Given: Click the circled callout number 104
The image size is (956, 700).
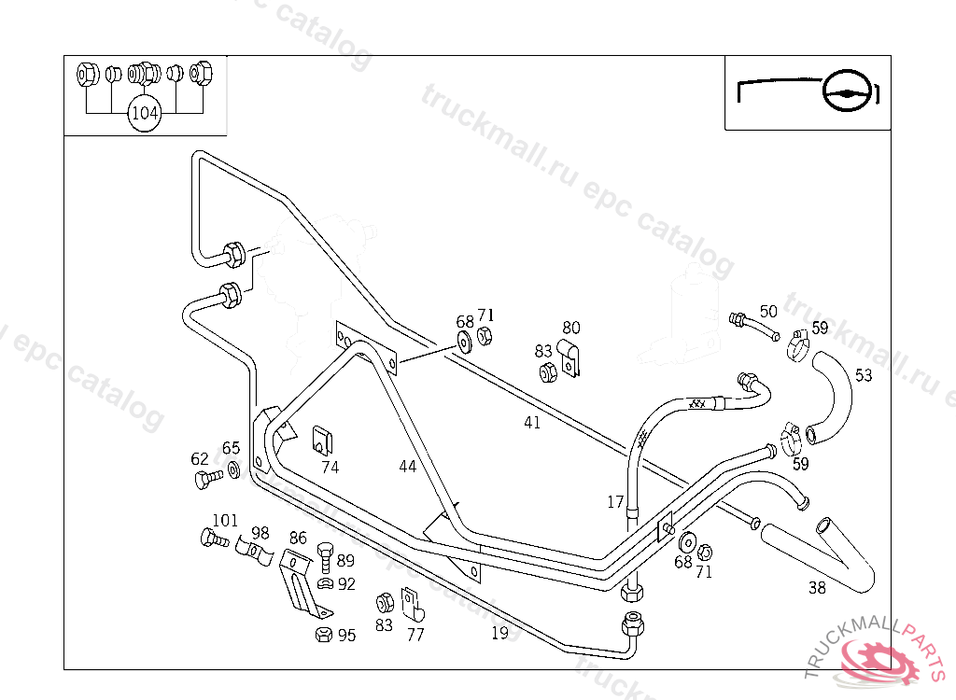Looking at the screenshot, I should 145,114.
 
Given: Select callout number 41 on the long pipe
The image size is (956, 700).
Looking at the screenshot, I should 532,423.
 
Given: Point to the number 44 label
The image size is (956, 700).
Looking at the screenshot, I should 407,466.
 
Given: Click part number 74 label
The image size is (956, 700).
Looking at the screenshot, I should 330,468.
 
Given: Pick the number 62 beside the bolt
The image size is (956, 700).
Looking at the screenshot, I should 200,458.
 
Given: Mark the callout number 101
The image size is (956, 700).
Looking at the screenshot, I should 225,520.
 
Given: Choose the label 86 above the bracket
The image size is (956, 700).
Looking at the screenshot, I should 298,538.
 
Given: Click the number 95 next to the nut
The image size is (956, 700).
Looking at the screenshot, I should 346,636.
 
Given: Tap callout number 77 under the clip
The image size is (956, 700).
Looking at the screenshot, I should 415,635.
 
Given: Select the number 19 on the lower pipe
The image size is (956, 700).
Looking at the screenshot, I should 499,633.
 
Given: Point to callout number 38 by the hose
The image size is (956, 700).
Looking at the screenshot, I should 817,588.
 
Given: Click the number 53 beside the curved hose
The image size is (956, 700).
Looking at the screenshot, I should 864,375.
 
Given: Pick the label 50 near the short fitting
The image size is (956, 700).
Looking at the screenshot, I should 767,311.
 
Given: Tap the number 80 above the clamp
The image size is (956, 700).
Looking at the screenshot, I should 570,328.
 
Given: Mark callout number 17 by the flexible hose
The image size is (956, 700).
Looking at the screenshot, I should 615,502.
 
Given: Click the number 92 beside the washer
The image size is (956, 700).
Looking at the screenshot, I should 346,584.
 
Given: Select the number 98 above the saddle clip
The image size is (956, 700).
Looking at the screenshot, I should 260,533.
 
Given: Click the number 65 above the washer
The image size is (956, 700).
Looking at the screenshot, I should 231,449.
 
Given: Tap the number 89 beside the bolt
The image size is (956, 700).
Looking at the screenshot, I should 345,561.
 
